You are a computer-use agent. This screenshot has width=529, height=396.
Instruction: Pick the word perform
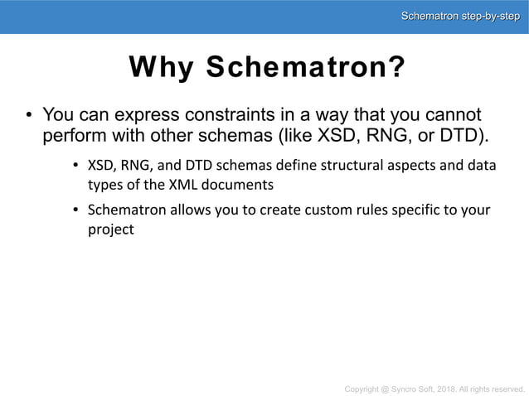[x=73, y=135]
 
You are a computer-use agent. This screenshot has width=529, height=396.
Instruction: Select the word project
[x=110, y=229]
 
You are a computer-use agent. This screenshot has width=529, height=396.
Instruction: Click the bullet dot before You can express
[x=28, y=114]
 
